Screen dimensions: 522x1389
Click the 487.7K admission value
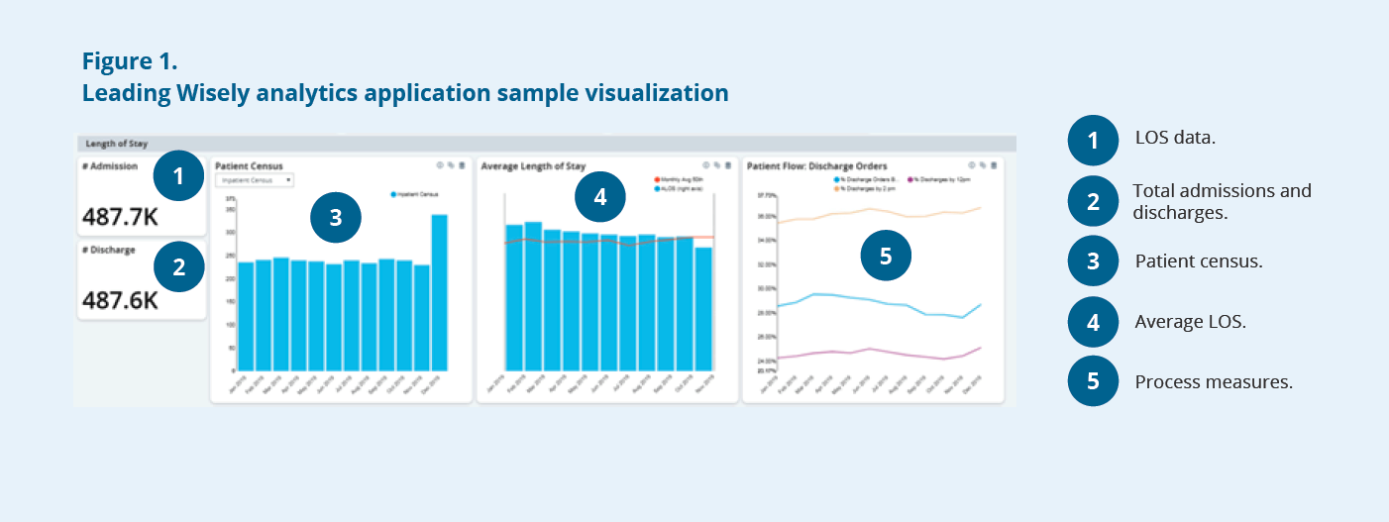pyautogui.click(x=121, y=216)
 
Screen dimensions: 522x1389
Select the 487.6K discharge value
pyautogui.click(x=121, y=299)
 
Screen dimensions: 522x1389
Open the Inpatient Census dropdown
pyautogui.click(x=255, y=180)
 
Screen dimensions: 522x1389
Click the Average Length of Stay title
pyautogui.click(x=533, y=166)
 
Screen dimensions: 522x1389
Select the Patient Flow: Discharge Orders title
pyautogui.click(x=816, y=166)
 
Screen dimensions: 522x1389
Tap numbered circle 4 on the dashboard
pyautogui.click(x=600, y=196)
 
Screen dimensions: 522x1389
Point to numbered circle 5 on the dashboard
pyautogui.click(x=886, y=257)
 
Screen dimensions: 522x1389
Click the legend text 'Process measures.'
pyautogui.click(x=1214, y=382)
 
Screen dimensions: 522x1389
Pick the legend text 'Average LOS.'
pyautogui.click(x=1189, y=322)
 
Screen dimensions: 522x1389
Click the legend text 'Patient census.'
pyautogui.click(x=1199, y=261)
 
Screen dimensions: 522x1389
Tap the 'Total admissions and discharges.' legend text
pyautogui.click(x=1222, y=200)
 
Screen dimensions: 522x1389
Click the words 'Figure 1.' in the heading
pyautogui.click(x=130, y=61)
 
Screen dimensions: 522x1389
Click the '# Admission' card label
pyautogui.click(x=110, y=166)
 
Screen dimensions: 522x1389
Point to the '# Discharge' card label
pyautogui.click(x=109, y=250)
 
